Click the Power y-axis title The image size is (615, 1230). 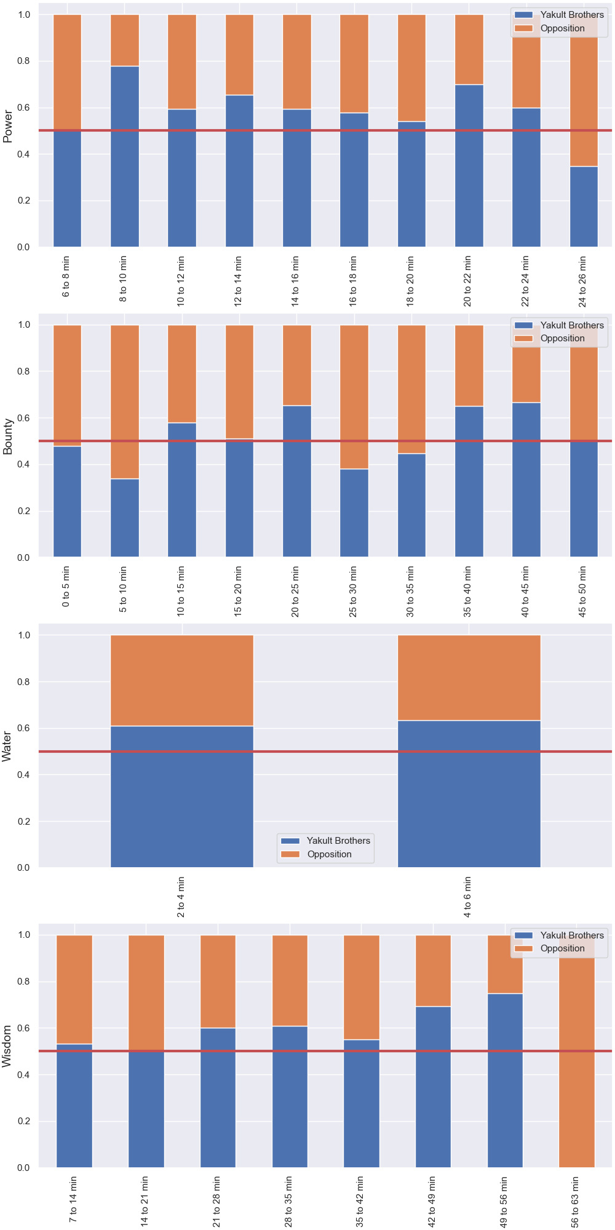8,126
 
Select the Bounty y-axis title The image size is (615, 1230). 8,437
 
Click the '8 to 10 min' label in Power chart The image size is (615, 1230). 123,279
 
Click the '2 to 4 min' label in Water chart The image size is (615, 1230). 181,897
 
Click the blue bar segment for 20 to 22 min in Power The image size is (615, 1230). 469,165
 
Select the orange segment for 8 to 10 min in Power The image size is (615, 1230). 125,40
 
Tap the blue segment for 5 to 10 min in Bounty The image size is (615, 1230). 125,518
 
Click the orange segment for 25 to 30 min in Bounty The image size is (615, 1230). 354,397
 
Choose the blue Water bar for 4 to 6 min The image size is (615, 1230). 469,794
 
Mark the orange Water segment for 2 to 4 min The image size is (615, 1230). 182,680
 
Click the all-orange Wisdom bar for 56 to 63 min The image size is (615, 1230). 577,1051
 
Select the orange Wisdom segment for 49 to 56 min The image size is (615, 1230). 505,964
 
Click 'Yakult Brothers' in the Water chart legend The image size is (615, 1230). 338,841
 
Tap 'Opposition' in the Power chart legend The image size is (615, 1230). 563,28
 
